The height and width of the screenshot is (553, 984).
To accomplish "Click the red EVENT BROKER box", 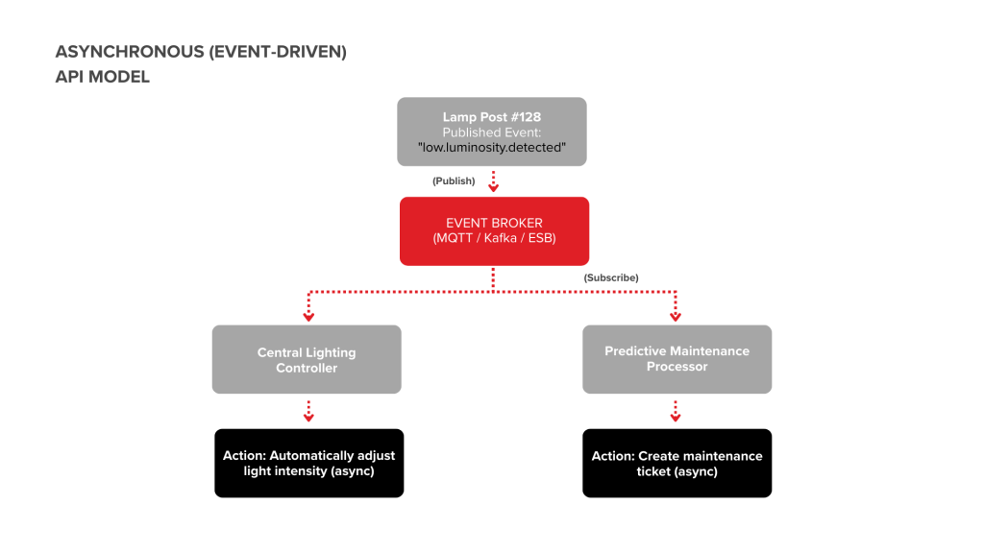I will point(494,230).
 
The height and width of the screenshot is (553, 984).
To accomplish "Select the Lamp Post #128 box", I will point(492,132).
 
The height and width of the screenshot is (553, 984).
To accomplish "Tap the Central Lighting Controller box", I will point(307,359).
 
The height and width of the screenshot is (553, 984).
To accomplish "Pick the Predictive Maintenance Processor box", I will point(676,359).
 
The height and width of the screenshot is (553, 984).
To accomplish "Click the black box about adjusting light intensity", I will point(308,463).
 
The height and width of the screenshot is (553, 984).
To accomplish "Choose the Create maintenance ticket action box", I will point(676,463).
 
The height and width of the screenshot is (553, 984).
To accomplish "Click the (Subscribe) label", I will point(611,277).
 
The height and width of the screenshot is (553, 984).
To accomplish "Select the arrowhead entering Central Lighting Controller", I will point(308,315).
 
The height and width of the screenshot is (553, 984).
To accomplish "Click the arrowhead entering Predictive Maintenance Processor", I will point(675,315).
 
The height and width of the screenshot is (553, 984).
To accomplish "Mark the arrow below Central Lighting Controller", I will point(308,411).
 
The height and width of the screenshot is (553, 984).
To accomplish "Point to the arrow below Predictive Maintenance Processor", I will point(675,411).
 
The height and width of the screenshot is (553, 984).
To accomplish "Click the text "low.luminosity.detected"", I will point(492,147).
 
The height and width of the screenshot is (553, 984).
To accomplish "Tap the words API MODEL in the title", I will point(103,77).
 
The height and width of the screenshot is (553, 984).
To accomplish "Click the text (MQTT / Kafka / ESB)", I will point(494,239).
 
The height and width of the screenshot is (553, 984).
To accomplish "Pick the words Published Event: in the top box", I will point(492,132).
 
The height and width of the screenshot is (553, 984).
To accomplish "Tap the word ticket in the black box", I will point(656,471).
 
